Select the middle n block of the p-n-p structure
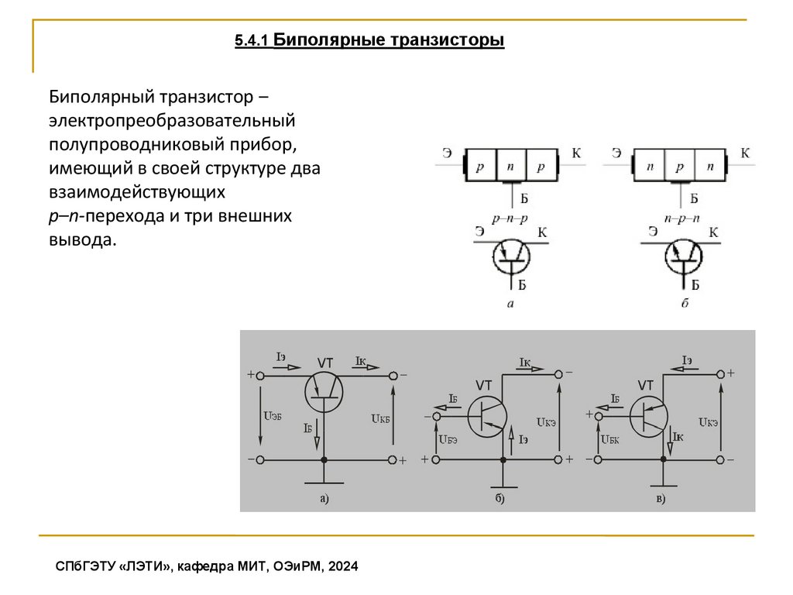click(510, 166)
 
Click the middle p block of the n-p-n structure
click(680, 166)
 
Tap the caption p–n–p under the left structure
click(509, 218)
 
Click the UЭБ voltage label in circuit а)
click(272, 416)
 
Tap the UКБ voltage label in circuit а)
click(379, 418)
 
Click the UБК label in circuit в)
click(610, 439)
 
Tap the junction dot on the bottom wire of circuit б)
click(503, 460)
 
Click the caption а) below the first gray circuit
click(324, 498)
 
